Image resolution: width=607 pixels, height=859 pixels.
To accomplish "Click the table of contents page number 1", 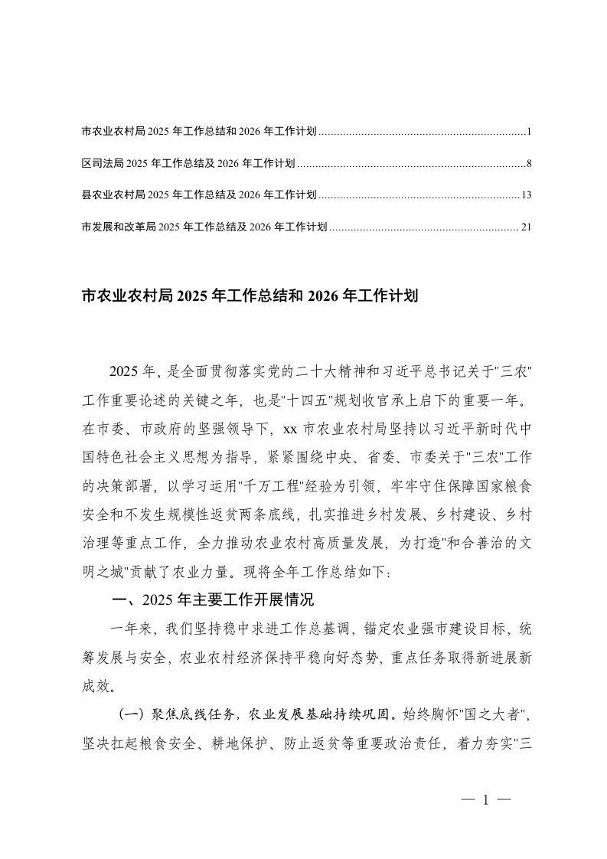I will point(528,132).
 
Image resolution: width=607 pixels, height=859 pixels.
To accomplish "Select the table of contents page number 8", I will point(528,164).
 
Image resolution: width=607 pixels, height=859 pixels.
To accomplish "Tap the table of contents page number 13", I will point(526,195).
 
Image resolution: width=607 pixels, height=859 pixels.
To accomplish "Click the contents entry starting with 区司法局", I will point(188,164).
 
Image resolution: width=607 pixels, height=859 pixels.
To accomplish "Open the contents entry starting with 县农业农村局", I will point(198,195).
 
